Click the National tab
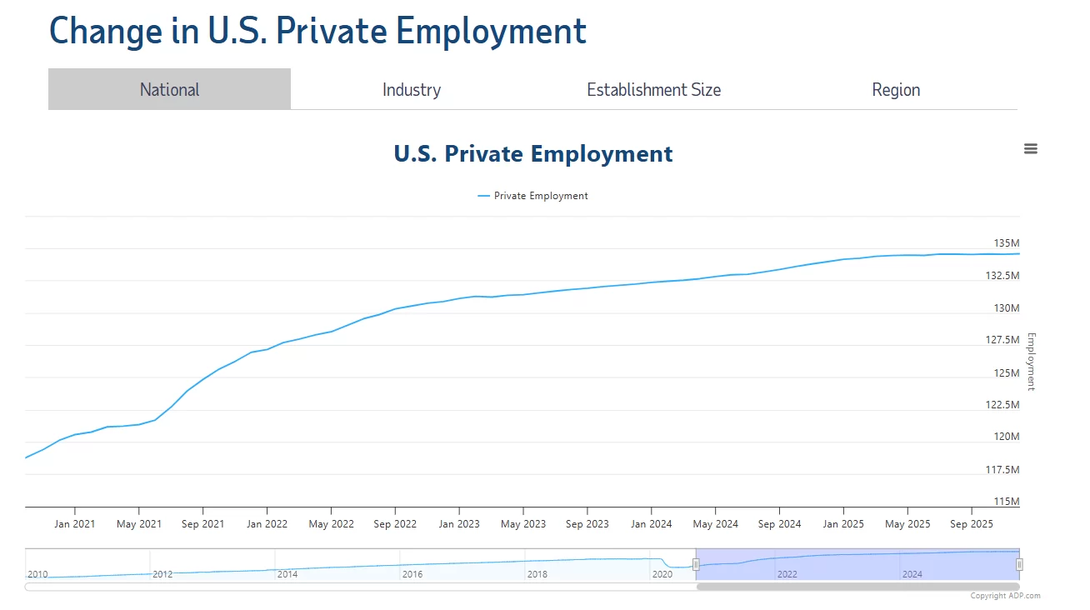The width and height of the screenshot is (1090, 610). [x=169, y=89]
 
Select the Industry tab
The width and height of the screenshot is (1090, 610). [x=412, y=89]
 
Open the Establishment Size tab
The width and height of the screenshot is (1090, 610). [x=653, y=89]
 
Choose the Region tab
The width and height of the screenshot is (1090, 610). [x=896, y=89]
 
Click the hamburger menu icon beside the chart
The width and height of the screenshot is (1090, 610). [x=1031, y=149]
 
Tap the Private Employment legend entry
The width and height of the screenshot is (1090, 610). [x=540, y=196]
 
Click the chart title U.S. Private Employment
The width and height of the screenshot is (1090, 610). [x=533, y=154]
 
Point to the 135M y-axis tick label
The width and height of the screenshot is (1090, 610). [x=1006, y=243]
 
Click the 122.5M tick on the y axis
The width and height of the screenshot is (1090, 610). [x=1002, y=405]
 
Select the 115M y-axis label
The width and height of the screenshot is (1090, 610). [x=1006, y=502]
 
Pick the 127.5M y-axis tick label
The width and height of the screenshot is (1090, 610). [x=1002, y=340]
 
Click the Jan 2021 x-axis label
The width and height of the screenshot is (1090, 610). [x=75, y=524]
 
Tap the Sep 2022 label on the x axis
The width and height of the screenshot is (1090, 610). [x=395, y=524]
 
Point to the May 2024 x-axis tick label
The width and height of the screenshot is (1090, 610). [x=715, y=524]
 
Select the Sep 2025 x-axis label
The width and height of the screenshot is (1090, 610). [x=971, y=524]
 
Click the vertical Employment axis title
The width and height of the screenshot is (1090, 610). [x=1031, y=362]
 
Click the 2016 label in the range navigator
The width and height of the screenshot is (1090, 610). [x=412, y=574]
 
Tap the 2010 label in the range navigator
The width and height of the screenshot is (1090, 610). [x=37, y=574]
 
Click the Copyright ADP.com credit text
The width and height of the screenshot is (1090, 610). [x=1005, y=596]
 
